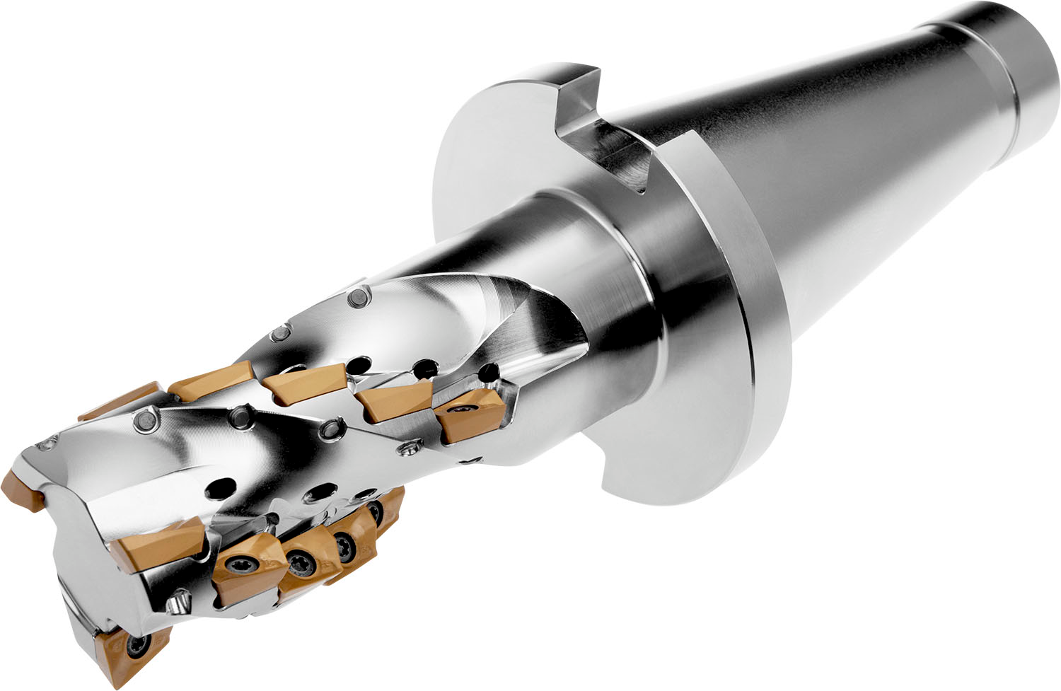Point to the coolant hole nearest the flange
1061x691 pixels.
point(488,372)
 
